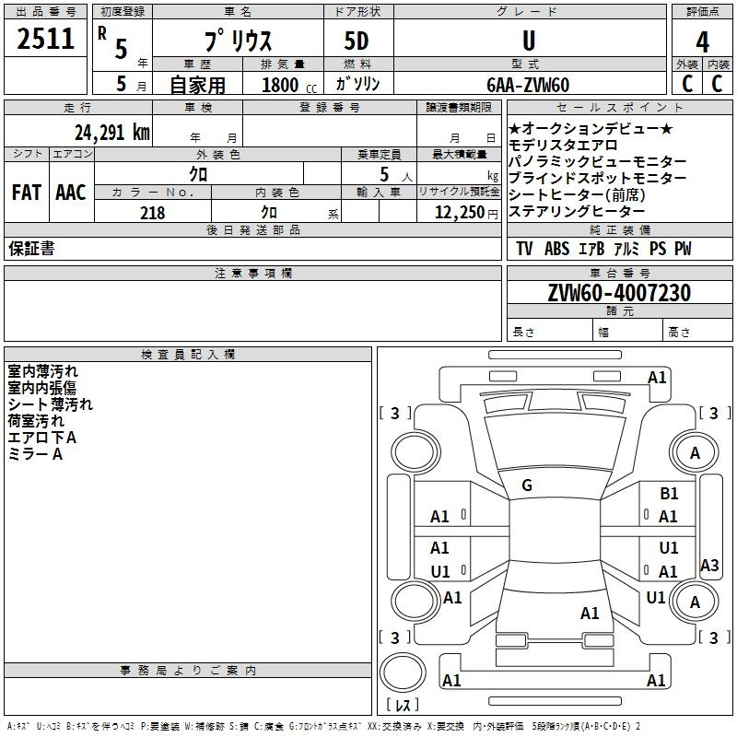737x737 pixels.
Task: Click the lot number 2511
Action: coord(45,39)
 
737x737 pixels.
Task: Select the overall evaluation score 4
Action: coord(702,42)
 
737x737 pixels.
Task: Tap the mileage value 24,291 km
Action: coord(112,133)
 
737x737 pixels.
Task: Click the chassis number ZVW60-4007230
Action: coord(619,293)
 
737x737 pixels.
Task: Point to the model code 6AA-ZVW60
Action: coord(528,85)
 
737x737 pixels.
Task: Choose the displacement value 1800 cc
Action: coord(289,85)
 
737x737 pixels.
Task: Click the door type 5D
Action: coord(357,41)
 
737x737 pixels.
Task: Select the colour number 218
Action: coord(153,213)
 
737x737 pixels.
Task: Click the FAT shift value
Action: coord(27,193)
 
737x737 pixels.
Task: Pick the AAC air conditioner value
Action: coord(71,193)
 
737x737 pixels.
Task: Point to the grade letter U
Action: coord(529,41)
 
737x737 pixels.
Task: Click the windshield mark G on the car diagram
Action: coord(527,485)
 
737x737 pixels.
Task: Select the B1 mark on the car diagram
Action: coord(669,493)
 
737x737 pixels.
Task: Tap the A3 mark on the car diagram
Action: coord(709,565)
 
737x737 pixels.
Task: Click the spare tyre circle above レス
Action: coord(403,673)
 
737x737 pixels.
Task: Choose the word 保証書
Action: coord(31,249)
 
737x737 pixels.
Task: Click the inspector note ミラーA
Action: coord(35,454)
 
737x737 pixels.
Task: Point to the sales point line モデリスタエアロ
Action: coord(563,146)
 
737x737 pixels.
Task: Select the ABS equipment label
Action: coord(557,249)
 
